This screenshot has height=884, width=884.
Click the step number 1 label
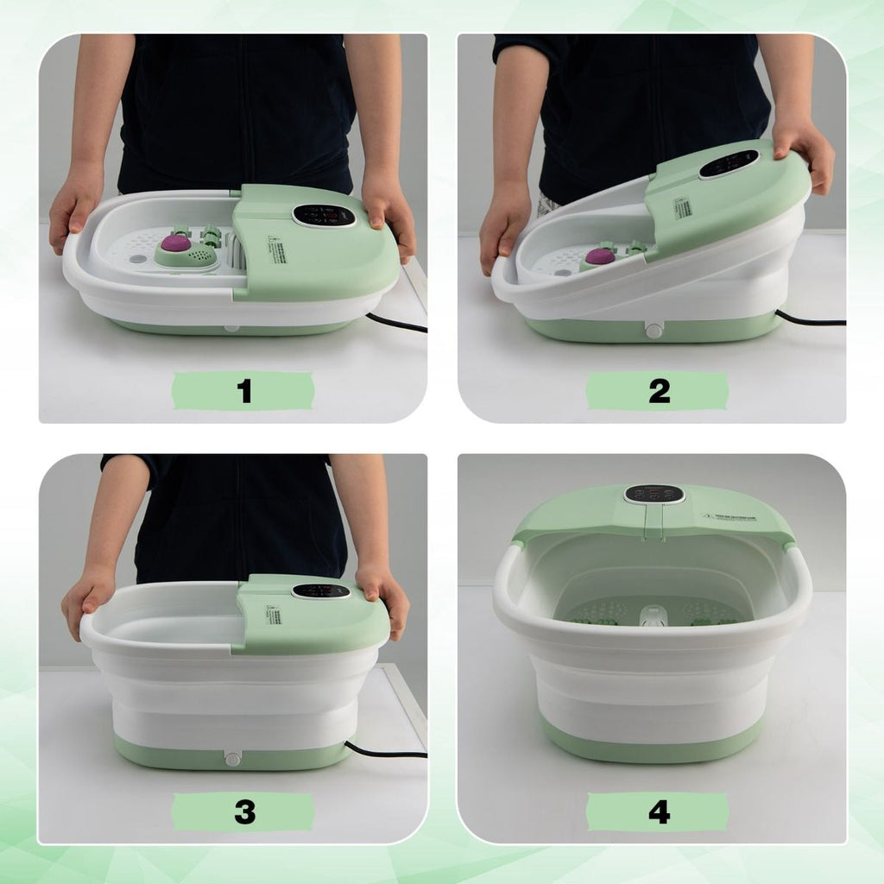click(x=244, y=391)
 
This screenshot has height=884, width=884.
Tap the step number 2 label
click(x=658, y=391)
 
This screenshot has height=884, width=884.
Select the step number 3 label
click(x=244, y=812)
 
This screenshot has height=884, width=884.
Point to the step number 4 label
click(x=658, y=812)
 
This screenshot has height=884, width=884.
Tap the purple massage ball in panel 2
click(x=599, y=256)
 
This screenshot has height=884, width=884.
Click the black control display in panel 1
click(x=324, y=215)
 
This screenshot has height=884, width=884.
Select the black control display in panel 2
click(x=729, y=163)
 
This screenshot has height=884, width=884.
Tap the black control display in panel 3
click(x=321, y=591)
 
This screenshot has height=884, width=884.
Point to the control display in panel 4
click(x=654, y=494)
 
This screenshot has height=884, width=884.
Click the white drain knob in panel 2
click(x=654, y=331)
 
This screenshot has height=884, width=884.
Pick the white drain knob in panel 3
click(x=232, y=758)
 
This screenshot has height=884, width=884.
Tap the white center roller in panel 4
click(x=653, y=618)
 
